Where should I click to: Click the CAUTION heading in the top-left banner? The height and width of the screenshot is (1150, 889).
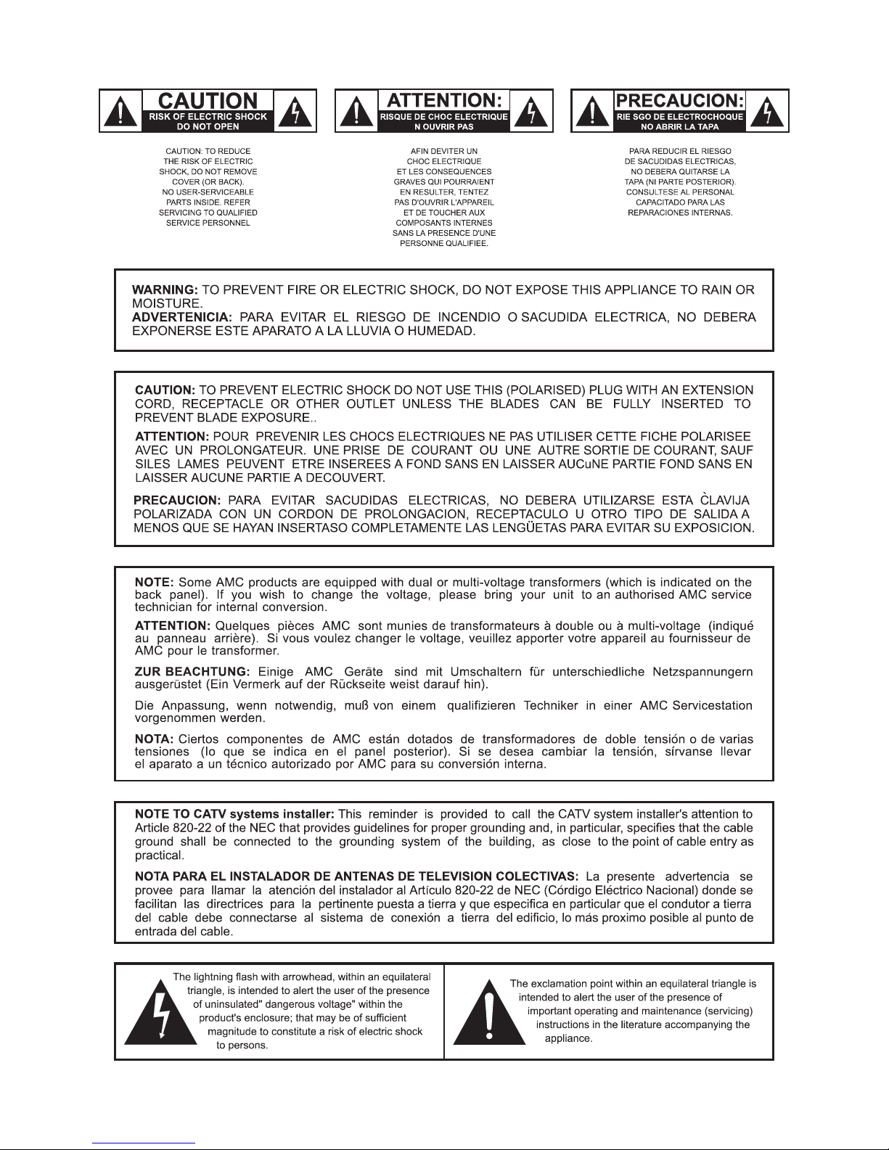(x=208, y=101)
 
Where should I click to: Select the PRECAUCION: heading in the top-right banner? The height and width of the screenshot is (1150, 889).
(x=680, y=101)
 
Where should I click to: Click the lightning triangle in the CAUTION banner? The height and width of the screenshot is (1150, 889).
(x=299, y=112)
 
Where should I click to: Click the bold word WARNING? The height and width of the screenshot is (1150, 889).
(x=165, y=289)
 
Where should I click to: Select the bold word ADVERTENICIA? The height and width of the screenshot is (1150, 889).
(x=182, y=317)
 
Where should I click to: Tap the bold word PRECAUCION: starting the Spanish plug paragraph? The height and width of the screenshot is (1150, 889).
(x=178, y=501)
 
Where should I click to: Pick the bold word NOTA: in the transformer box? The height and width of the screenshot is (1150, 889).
(x=154, y=739)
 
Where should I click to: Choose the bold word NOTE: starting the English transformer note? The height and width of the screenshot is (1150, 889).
(x=155, y=582)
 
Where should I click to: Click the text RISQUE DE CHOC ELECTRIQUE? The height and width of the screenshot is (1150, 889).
(x=444, y=116)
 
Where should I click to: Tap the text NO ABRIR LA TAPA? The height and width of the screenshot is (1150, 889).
(x=680, y=126)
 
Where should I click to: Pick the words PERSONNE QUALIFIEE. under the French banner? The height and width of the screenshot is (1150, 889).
(x=444, y=243)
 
